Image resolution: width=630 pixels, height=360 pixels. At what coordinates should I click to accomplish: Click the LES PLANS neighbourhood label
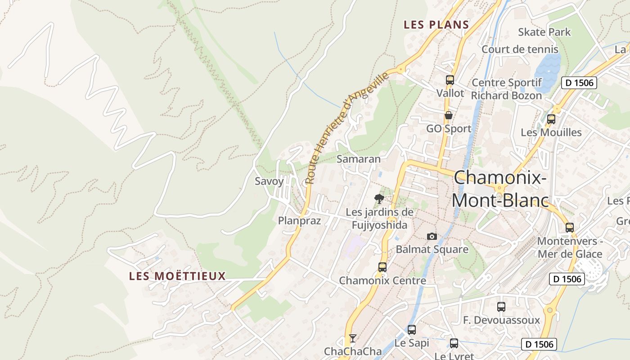(x=436, y=25)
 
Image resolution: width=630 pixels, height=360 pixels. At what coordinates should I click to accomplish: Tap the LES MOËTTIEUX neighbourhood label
(x=177, y=276)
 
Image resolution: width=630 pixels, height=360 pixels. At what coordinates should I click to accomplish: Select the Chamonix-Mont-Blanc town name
(x=500, y=189)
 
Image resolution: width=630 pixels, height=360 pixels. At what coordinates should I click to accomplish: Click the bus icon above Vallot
(x=450, y=80)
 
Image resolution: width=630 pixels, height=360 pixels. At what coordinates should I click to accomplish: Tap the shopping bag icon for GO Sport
(x=448, y=115)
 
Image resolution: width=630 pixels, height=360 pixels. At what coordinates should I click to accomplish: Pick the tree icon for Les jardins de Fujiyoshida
(x=379, y=198)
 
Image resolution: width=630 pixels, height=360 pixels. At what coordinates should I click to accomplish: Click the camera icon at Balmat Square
(x=432, y=236)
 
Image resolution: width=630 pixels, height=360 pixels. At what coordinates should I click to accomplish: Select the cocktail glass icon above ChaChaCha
(x=353, y=338)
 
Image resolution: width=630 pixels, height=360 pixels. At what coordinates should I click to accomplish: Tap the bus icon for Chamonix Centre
(x=382, y=267)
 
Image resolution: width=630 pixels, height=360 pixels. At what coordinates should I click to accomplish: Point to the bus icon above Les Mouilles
(x=551, y=119)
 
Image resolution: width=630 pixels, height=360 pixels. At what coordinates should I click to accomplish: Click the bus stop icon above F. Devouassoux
(x=501, y=307)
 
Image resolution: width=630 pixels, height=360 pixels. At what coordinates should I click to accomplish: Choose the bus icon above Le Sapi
(x=411, y=329)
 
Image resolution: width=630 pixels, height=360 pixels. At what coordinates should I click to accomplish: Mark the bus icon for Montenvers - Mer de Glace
(x=570, y=228)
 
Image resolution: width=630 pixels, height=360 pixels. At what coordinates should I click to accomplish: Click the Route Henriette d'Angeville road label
(x=346, y=128)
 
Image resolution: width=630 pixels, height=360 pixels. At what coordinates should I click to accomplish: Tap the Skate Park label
(x=544, y=32)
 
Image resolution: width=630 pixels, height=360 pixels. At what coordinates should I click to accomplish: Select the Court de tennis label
(x=520, y=49)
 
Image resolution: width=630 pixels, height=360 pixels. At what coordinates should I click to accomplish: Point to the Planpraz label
(x=299, y=220)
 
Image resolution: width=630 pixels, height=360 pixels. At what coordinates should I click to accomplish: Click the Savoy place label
(x=269, y=181)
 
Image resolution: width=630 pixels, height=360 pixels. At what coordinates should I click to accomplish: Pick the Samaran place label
(x=358, y=159)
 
